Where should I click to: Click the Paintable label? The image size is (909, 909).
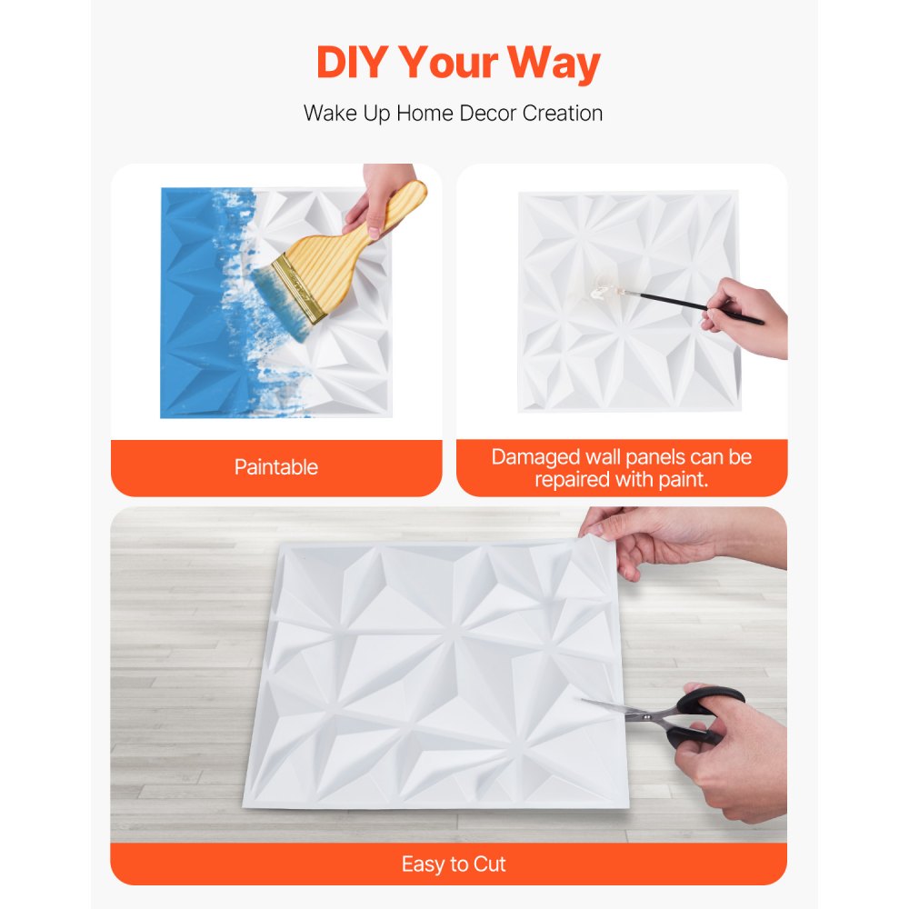coord(275,467)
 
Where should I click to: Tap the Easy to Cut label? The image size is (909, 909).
coord(454,864)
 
